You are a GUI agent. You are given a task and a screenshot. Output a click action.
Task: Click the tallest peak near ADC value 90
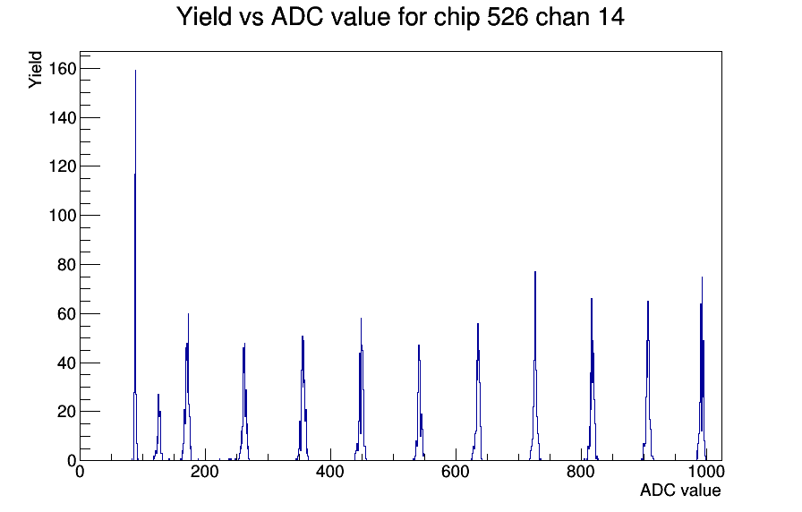pos(135,266)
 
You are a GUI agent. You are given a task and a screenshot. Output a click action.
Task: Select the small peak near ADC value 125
pos(158,428)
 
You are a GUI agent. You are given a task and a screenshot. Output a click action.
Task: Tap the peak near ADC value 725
pos(535,366)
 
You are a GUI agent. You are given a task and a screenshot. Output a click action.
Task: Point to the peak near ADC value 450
pos(361,389)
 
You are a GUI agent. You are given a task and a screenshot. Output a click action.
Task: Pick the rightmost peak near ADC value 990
pos(702,369)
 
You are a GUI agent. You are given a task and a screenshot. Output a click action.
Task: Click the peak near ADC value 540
pos(419,403)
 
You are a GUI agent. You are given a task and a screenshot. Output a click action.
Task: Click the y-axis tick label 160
pos(63,69)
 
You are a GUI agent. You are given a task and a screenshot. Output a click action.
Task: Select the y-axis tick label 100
pos(63,216)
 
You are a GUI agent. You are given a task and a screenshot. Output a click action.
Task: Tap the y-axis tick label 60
pos(67,313)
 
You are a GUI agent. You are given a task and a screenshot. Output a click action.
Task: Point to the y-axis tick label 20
pos(67,412)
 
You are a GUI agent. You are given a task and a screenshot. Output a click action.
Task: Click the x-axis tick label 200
pos(205,472)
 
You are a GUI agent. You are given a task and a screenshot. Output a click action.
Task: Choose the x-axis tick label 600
pos(456,472)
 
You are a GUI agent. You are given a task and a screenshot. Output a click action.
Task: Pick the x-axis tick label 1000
pos(705,472)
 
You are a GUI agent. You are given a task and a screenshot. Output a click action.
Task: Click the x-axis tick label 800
pos(581,472)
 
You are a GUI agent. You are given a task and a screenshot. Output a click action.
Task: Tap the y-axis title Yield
pos(35,70)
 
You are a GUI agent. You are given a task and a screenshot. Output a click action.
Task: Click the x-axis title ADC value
pos(680,491)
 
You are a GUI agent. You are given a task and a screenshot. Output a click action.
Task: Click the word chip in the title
pos(456,17)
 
